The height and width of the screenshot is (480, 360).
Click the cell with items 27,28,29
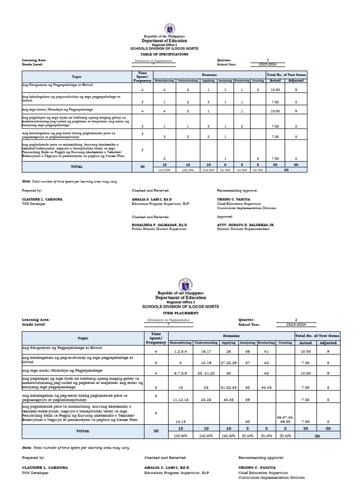click(230, 362)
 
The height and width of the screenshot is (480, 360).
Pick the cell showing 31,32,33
click(230, 387)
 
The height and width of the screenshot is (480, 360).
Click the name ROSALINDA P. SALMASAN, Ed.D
click(159, 225)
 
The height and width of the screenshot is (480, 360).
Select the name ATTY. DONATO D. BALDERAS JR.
click(246, 225)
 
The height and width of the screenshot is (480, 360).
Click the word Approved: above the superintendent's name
click(225, 217)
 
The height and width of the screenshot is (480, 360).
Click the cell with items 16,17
click(206, 351)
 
